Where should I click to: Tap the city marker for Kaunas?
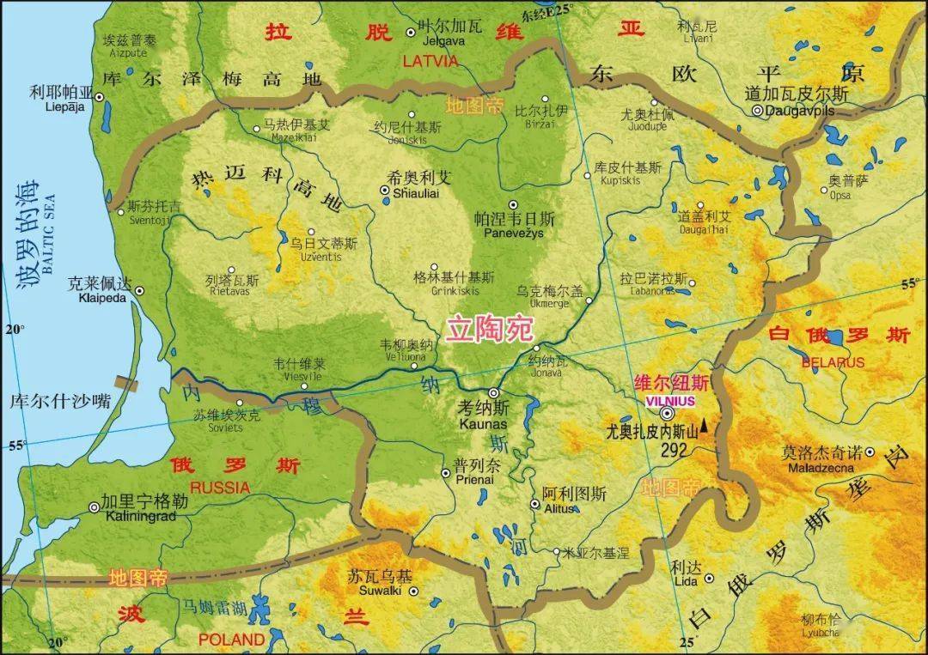tap(494, 392)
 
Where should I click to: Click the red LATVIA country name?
tap(430, 61)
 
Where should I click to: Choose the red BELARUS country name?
tap(833, 362)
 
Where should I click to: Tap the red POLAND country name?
tap(231, 640)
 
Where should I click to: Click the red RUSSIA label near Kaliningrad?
tap(220, 488)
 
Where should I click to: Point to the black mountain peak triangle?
tap(705, 425)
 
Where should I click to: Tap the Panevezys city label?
tap(515, 233)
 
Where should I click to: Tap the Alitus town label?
tap(563, 508)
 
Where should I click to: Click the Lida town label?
tap(686, 583)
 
